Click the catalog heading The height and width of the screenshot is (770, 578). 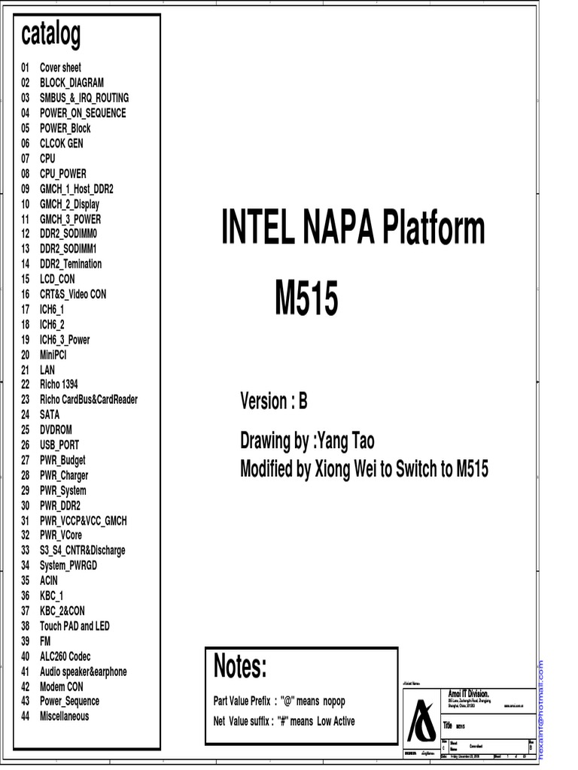pyautogui.click(x=51, y=34)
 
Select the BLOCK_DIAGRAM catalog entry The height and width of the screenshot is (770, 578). pyautogui.click(x=71, y=83)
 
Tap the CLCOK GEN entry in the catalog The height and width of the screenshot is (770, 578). pyautogui.click(x=62, y=143)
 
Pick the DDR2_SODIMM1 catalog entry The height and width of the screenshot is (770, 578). pyautogui.click(x=68, y=248)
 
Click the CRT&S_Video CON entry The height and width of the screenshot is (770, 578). pyautogui.click(x=73, y=294)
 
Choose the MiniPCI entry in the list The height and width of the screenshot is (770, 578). pyautogui.click(x=53, y=354)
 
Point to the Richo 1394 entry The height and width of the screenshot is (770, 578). pyautogui.click(x=59, y=384)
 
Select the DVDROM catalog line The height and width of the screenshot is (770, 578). pyautogui.click(x=56, y=429)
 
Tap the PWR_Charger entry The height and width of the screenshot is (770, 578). pyautogui.click(x=64, y=475)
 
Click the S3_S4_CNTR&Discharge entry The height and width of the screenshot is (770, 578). pyautogui.click(x=83, y=550)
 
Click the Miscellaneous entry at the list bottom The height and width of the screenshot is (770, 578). pyautogui.click(x=64, y=716)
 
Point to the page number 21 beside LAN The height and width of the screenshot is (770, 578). pyautogui.click(x=25, y=369)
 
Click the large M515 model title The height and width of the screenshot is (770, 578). pyautogui.click(x=306, y=299)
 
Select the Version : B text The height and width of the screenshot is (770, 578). pyautogui.click(x=274, y=402)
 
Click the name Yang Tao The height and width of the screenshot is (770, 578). pyautogui.click(x=345, y=441)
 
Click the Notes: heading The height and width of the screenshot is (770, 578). pyautogui.click(x=240, y=666)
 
